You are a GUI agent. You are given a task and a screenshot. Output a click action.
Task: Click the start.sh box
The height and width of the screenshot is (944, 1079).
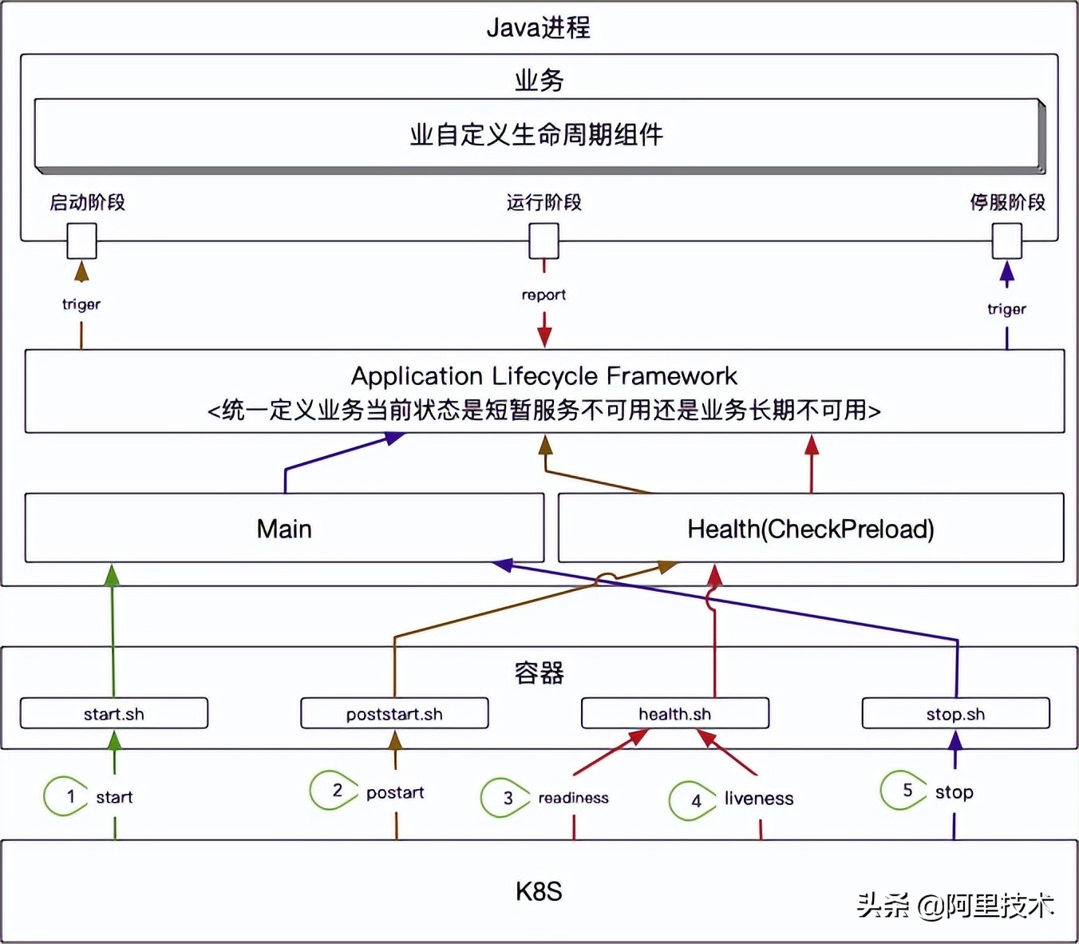click(x=114, y=713)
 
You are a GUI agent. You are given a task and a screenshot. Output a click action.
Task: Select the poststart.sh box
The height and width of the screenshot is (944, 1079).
click(x=394, y=713)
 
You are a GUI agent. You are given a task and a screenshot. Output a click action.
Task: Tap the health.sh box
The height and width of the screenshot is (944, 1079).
click(x=675, y=713)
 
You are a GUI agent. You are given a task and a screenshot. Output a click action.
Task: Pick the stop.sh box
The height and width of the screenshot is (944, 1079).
click(x=955, y=713)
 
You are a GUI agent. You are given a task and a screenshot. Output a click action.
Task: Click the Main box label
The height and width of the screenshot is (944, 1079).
click(x=284, y=529)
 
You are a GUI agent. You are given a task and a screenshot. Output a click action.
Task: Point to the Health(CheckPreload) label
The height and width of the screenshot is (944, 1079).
click(x=810, y=529)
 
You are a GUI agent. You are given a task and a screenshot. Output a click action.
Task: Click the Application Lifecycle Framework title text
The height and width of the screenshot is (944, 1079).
click(x=543, y=375)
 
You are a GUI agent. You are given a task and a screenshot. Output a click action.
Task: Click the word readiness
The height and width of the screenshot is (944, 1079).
click(x=573, y=798)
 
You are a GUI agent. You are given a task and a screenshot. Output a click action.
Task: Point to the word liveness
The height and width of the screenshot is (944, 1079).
click(x=759, y=799)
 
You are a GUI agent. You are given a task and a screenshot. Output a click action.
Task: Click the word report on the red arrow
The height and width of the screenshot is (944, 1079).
click(x=543, y=295)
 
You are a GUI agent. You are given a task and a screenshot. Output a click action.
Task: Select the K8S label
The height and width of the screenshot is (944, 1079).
click(x=539, y=891)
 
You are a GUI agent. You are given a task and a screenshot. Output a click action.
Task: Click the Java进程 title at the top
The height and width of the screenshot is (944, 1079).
click(x=539, y=28)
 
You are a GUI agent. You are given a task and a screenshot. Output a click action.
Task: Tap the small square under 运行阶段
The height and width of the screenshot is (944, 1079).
click(x=544, y=240)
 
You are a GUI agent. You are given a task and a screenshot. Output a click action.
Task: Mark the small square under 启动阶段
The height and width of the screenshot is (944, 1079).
click(x=81, y=240)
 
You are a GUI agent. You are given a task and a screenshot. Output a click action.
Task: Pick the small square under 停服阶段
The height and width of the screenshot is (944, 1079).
click(x=1006, y=240)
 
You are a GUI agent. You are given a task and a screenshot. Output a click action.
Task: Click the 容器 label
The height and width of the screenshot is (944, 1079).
click(x=539, y=673)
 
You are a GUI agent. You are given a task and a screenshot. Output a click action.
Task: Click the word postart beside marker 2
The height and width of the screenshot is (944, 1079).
click(x=395, y=792)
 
